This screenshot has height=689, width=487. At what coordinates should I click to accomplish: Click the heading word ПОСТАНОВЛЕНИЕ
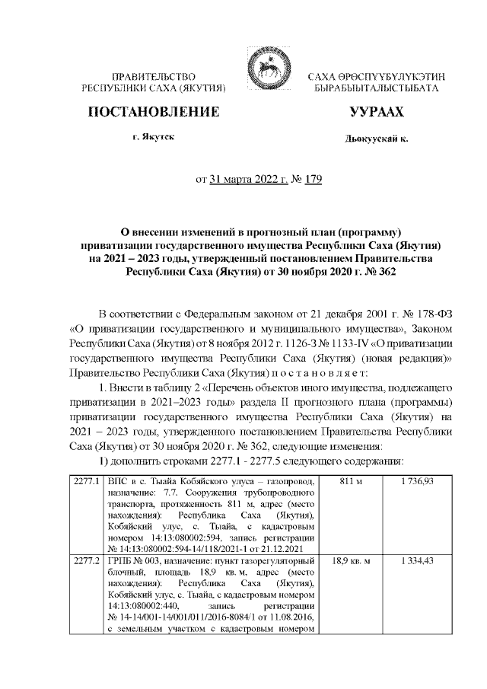pyautogui.click(x=154, y=113)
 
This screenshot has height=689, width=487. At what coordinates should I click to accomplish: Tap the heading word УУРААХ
pyautogui.click(x=376, y=113)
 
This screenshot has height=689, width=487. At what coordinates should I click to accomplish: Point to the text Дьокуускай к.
pyautogui.click(x=377, y=139)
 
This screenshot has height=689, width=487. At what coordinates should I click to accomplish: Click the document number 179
pyautogui.click(x=314, y=180)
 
